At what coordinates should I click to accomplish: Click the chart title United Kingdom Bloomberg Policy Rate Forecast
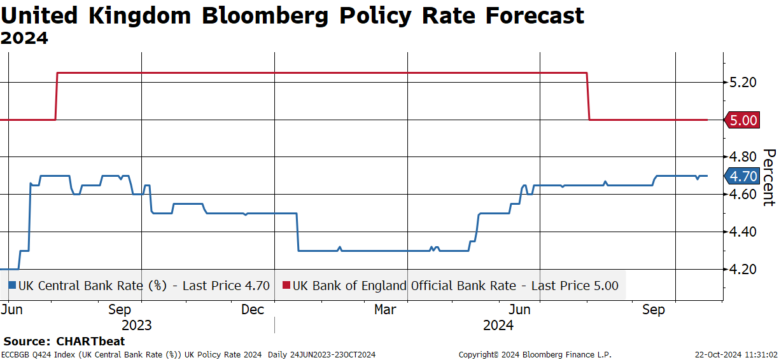point(292,15)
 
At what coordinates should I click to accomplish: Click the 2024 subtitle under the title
point(24,38)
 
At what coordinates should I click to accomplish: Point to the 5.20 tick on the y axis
point(743,82)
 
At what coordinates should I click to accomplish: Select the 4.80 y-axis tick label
point(743,157)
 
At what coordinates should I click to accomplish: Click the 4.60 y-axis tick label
point(743,195)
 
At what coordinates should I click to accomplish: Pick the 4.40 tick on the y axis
point(743,232)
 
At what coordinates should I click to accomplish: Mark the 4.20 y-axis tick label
point(743,270)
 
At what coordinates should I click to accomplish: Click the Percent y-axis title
point(769,177)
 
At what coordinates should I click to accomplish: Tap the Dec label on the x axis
point(253,310)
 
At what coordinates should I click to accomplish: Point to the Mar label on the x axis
point(386,310)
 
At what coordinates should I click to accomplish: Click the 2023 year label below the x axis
point(136,326)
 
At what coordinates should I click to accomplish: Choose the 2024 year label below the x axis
point(498,326)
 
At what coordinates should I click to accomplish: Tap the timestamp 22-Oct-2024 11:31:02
point(735,355)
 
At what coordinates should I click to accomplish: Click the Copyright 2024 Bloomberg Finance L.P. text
point(535,355)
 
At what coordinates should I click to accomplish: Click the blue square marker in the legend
point(12,286)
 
